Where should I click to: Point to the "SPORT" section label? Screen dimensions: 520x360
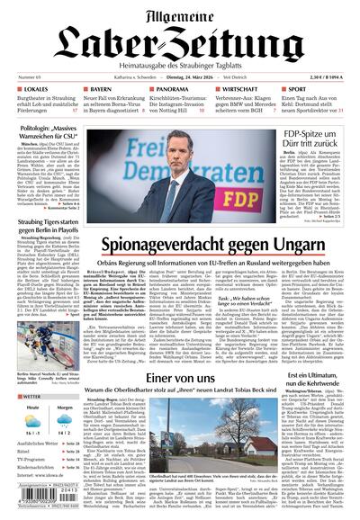(x=304, y=90)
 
